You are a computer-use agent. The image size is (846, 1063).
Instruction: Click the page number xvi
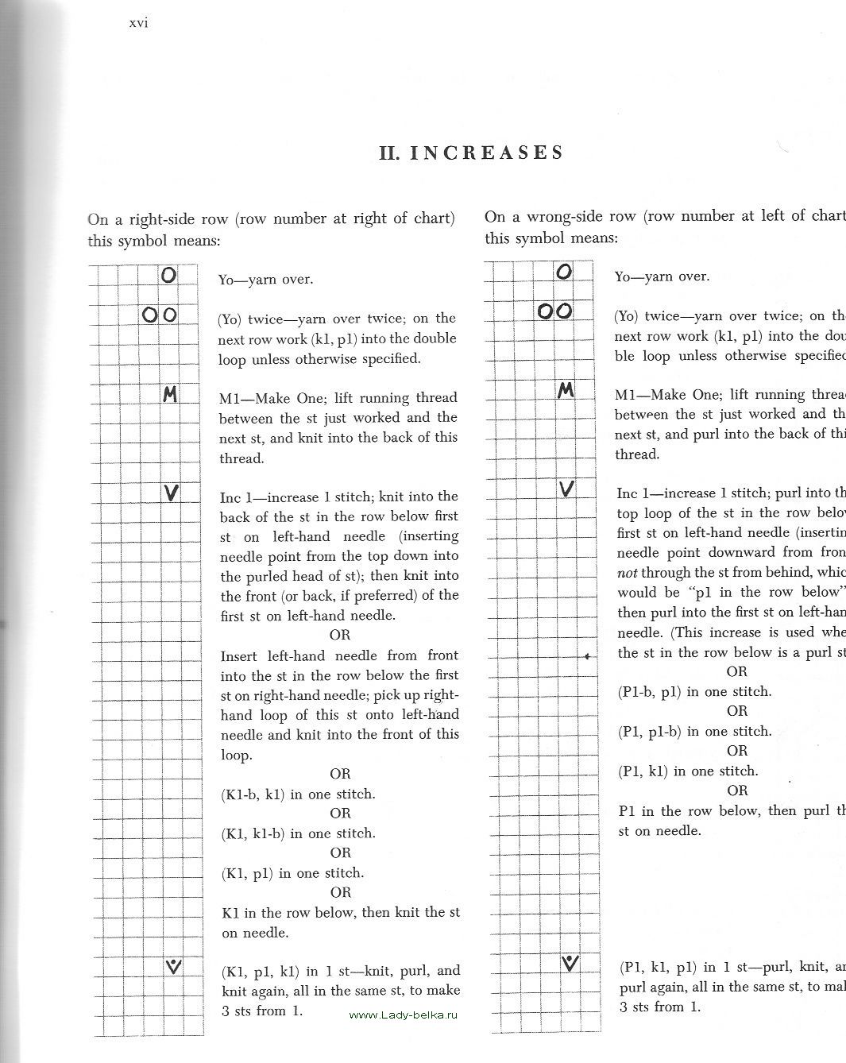pos(138,23)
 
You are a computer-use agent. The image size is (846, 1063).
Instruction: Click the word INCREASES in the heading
pos(486,153)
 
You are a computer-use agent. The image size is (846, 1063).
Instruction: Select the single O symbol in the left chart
pos(168,276)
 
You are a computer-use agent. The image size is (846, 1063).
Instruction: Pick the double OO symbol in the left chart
pos(160,315)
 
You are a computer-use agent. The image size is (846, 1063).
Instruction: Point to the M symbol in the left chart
pos(169,394)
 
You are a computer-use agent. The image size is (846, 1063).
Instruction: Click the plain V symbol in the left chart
pos(170,493)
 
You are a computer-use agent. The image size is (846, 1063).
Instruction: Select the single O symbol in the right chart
pos(564,272)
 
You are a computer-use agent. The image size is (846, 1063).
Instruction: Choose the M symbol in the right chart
pos(566,390)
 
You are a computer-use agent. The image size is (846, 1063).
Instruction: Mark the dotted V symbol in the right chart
pos(569,964)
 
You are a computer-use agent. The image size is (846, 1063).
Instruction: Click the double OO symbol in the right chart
pos(554,311)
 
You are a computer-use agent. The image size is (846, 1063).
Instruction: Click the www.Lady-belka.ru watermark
pos(404,1015)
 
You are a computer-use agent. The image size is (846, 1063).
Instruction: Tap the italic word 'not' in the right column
pos(628,573)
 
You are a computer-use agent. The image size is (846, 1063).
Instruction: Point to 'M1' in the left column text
pos(230,398)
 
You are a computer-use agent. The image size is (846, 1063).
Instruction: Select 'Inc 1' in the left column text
pos(236,497)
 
